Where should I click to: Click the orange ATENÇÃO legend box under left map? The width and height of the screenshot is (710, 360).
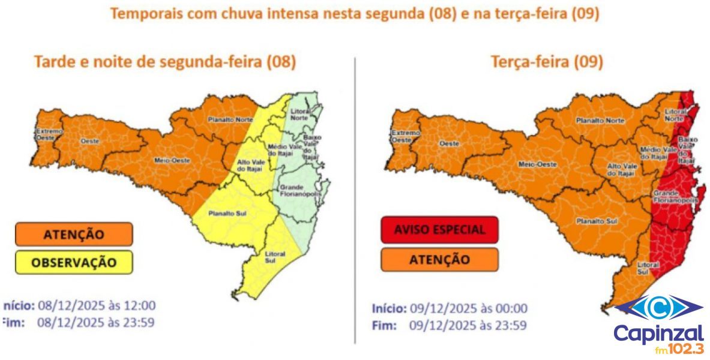[x=73, y=234]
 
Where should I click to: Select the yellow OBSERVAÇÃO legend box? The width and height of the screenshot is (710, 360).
[x=73, y=262]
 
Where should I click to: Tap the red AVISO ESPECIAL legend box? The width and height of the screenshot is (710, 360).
[x=439, y=230]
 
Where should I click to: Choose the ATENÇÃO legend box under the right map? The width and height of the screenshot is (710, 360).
[x=439, y=259]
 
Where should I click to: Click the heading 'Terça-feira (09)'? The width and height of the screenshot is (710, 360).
[x=547, y=61]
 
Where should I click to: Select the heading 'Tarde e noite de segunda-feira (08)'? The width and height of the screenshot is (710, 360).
[x=165, y=61]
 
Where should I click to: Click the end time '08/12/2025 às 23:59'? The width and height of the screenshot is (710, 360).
[x=96, y=322]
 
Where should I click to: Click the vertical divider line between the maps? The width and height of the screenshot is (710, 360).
[x=356, y=198]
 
